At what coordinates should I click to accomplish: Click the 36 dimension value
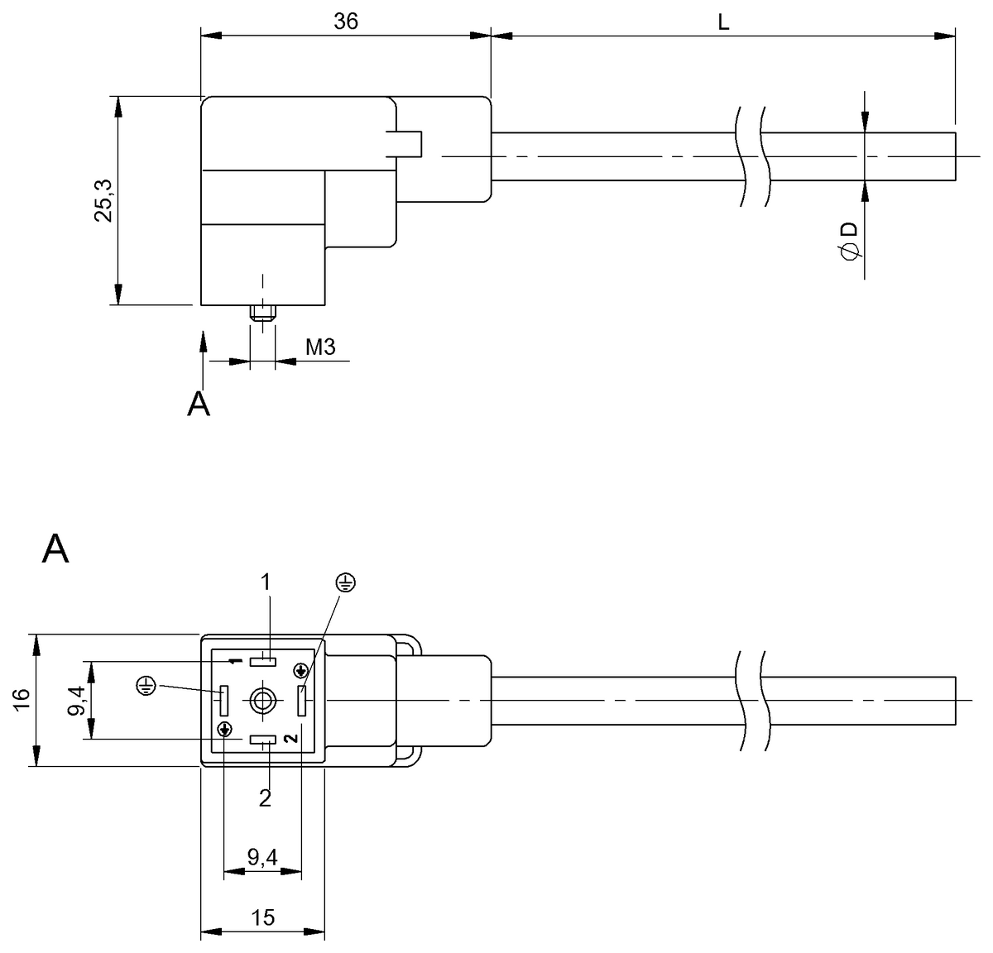pyautogui.click(x=346, y=22)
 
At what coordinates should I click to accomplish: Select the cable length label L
pyautogui.click(x=722, y=22)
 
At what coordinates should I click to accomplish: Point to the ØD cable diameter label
pyautogui.click(x=847, y=242)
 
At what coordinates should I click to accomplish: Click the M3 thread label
pyautogui.click(x=320, y=347)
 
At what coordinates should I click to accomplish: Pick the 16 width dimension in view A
pyautogui.click(x=22, y=700)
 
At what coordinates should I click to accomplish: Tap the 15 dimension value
pyautogui.click(x=263, y=917)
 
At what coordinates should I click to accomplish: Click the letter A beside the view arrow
pyautogui.click(x=199, y=404)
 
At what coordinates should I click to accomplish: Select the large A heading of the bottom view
pyautogui.click(x=55, y=548)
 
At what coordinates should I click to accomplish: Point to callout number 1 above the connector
pyautogui.click(x=266, y=582)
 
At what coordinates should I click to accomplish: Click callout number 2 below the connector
pyautogui.click(x=265, y=798)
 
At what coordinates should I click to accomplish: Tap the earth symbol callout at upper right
pyautogui.click(x=346, y=583)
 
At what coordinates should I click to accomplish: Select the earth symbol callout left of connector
pyautogui.click(x=146, y=684)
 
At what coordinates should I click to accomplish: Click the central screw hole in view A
pyautogui.click(x=263, y=701)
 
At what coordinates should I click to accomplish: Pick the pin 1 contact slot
pyautogui.click(x=264, y=661)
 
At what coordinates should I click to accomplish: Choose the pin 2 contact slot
pyautogui.click(x=263, y=740)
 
